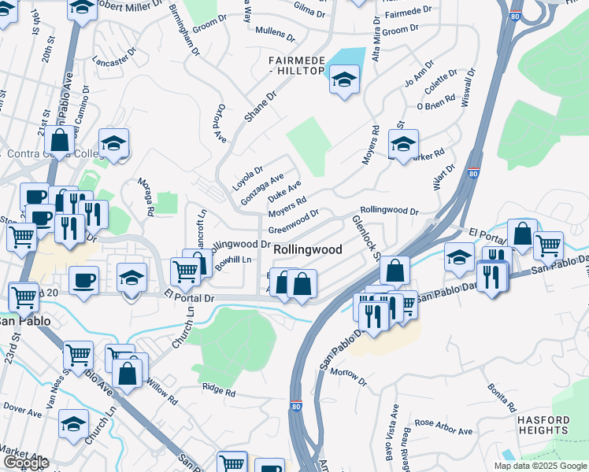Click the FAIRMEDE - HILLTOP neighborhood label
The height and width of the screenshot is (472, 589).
point(296,65)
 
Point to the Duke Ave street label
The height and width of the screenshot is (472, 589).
point(284,190)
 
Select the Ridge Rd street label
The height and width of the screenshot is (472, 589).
point(219,390)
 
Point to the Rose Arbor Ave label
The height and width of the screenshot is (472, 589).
point(443,426)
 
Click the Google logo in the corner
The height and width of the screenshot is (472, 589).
point(25,463)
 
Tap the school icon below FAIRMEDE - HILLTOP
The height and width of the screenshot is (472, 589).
point(344,80)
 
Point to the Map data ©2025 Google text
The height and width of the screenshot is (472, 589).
point(540,466)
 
